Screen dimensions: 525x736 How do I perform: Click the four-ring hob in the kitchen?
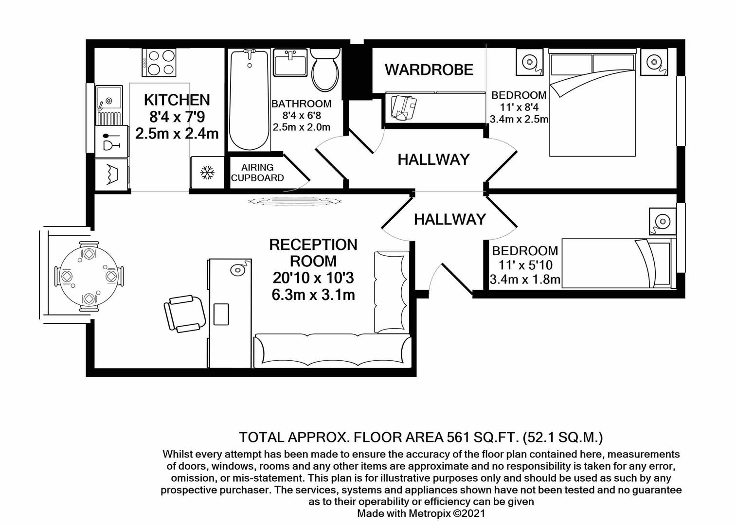pos(159,63)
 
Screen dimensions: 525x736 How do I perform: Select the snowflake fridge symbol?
pos(208,173)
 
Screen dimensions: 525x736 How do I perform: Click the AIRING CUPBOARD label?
pos(257,173)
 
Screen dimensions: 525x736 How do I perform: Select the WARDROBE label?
pos(429,70)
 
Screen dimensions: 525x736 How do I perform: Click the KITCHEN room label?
pos(177,100)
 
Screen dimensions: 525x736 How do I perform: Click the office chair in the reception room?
pos(184,312)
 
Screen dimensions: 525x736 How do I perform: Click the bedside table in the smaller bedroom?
pos(662,222)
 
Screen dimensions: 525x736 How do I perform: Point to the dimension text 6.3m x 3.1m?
pos(313,295)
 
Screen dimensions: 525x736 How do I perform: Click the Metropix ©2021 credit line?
pos(421,513)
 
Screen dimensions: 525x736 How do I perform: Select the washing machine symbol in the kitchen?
pos(111,174)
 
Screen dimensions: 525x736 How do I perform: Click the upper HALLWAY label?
pos(433,159)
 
